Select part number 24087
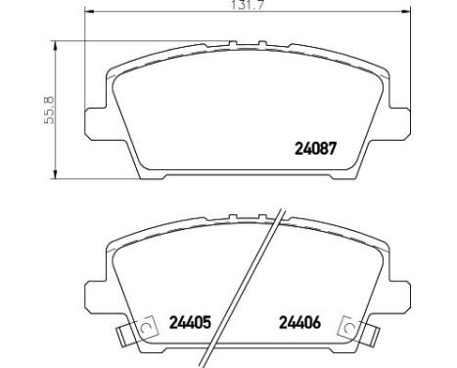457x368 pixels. [x=316, y=150]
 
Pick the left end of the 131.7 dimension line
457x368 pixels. [x=87, y=13]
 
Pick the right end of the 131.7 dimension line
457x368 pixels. [x=406, y=13]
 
